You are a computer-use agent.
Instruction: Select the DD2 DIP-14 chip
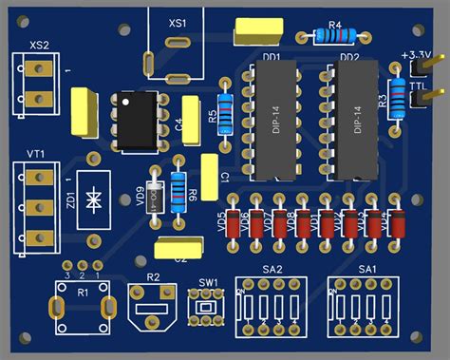[x=349, y=122]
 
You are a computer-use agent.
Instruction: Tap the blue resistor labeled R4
[x=334, y=37]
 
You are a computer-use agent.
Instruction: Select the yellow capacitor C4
[x=193, y=121]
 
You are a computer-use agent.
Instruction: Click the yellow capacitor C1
[x=211, y=177]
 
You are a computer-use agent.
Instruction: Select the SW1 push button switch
[x=204, y=308]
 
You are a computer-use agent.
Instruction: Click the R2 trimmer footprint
[x=152, y=308]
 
